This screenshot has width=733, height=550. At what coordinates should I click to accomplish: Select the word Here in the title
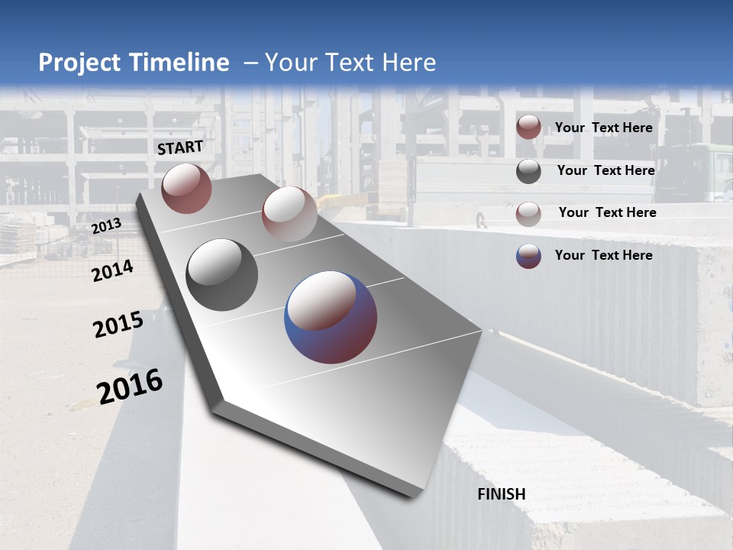coord(408,63)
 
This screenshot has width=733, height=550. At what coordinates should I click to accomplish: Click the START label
coord(180,147)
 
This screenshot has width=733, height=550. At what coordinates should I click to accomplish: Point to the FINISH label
coord(502,494)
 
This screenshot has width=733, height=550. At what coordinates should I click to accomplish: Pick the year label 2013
coord(106,226)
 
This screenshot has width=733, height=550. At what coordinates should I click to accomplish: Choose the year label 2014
coord(112,271)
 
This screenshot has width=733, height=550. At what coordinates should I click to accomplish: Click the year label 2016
coord(130,387)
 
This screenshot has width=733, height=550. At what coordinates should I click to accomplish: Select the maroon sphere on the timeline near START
coord(186,188)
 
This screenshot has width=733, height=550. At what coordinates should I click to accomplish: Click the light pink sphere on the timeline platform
coord(289,213)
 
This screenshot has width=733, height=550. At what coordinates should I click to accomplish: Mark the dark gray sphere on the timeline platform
coord(221,275)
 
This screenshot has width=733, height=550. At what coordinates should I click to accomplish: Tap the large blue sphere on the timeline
coord(331,317)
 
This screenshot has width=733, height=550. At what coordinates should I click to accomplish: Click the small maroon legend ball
coord(528,128)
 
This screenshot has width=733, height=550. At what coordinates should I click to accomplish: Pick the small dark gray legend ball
coord(528,171)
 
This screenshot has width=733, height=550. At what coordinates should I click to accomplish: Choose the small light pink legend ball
coord(528,213)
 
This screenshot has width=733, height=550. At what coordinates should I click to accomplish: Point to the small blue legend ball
coord(528,256)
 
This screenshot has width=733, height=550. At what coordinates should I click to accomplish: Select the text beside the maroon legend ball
coord(603,128)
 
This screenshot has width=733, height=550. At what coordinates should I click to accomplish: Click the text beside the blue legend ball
coord(603,255)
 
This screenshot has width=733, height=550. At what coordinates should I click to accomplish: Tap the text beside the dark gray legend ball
coord(605,170)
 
